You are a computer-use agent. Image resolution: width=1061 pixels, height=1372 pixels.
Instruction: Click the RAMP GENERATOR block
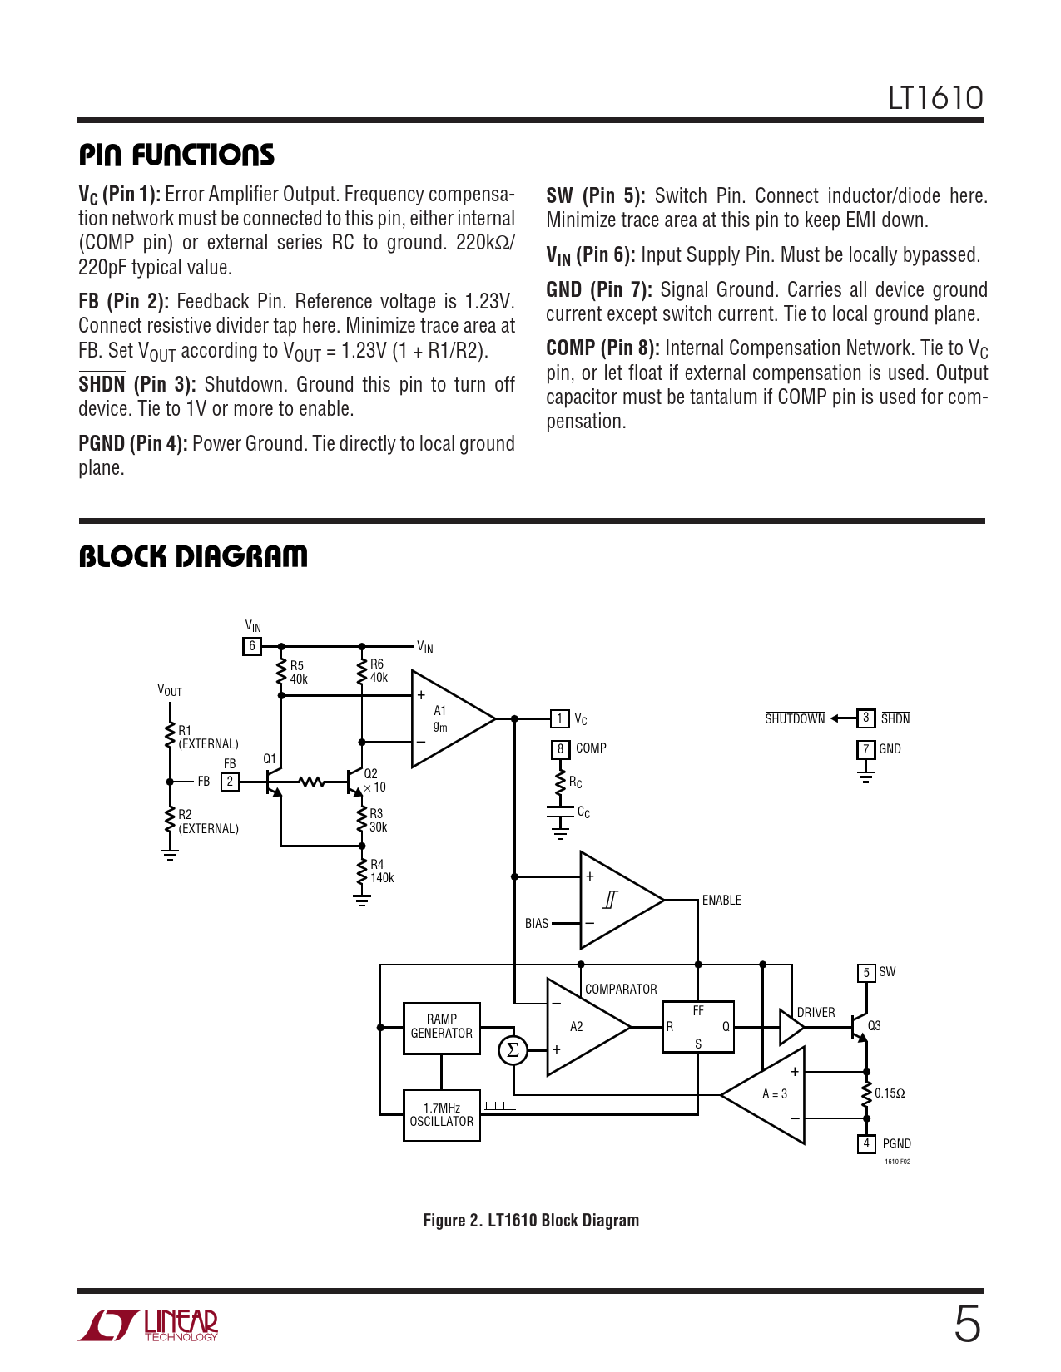tap(441, 1028)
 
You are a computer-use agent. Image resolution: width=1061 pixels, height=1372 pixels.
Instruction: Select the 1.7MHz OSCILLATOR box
tap(441, 1115)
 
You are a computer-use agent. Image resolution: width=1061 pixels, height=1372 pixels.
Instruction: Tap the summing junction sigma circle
tap(513, 1050)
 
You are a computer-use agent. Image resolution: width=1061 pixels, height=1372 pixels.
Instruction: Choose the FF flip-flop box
tap(697, 1027)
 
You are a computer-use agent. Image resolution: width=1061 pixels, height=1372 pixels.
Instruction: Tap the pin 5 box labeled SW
tap(866, 972)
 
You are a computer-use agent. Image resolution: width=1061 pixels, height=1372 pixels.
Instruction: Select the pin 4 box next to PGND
tap(866, 1143)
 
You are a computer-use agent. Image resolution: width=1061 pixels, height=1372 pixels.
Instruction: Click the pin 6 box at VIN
tap(252, 646)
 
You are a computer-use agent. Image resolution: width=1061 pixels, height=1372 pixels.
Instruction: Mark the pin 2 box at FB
tap(230, 782)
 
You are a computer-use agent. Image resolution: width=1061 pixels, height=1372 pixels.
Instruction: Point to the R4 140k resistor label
tap(382, 871)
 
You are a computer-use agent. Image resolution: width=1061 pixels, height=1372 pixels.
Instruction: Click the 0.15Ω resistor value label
tap(890, 1093)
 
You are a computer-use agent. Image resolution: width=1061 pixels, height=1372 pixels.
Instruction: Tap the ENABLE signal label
tap(721, 901)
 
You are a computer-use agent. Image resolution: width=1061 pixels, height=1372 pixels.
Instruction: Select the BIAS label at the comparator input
tap(537, 924)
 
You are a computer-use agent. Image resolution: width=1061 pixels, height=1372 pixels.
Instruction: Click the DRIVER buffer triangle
tap(790, 1028)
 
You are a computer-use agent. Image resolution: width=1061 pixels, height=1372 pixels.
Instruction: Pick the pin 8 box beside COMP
tap(560, 748)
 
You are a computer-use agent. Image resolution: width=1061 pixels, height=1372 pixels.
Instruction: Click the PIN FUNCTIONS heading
tap(176, 155)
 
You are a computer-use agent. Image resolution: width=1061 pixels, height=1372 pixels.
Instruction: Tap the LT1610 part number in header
tap(935, 98)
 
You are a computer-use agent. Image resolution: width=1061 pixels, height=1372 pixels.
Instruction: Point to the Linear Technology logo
tap(149, 1325)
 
